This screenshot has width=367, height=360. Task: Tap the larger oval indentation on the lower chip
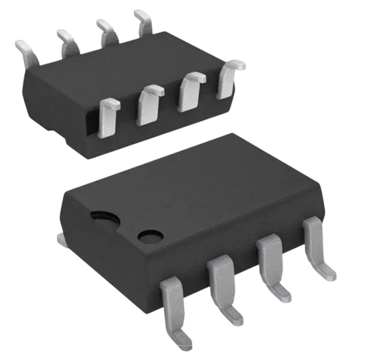[x=105, y=219]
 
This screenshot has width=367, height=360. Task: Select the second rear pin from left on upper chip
[x=68, y=42]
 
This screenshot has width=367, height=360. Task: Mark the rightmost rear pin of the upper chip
[x=144, y=22]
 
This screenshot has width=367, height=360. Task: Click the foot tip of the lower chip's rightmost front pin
[x=329, y=274]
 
